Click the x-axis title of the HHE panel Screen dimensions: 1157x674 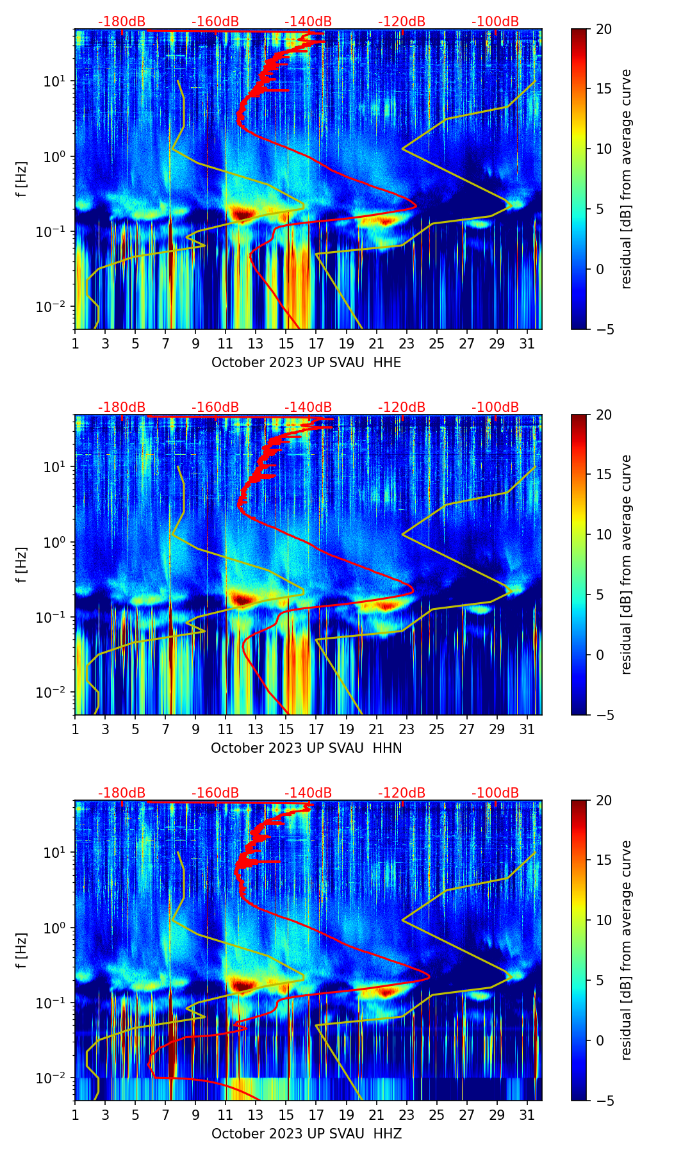click(x=306, y=363)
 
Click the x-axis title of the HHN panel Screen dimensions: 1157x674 click(x=306, y=748)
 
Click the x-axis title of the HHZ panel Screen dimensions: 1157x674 click(x=306, y=1134)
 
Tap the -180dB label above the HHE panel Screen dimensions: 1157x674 click(x=122, y=22)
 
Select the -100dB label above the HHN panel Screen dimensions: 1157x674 click(x=495, y=407)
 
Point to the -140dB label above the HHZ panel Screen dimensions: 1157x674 click(x=308, y=793)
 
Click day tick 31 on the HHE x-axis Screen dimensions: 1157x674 click(x=527, y=344)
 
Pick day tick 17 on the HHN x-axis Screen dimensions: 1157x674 click(x=316, y=730)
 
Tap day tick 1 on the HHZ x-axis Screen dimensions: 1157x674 click(x=75, y=1115)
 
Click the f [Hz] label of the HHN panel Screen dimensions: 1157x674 click(x=22, y=564)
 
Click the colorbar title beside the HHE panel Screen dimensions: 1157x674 click(x=626, y=179)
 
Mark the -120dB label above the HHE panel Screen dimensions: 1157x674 click(x=402, y=22)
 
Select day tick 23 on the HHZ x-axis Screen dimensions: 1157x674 click(x=407, y=1115)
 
